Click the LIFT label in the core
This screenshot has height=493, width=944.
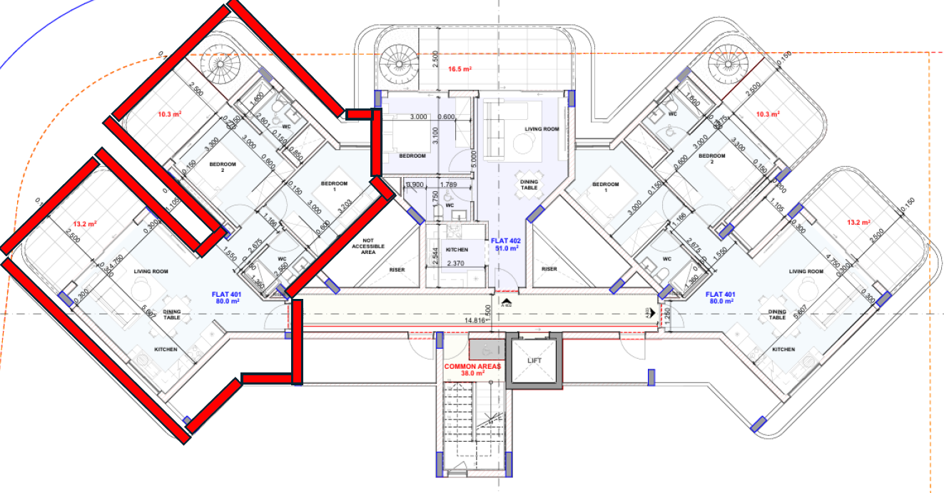(534, 360)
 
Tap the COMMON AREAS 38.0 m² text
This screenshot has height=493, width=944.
(465, 369)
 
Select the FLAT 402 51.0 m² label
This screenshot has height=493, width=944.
(506, 245)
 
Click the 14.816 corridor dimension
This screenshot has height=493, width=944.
(474, 320)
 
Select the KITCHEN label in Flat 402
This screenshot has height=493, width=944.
(457, 250)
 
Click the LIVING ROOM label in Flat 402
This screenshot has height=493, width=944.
(542, 128)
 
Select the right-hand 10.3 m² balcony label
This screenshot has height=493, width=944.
(767, 113)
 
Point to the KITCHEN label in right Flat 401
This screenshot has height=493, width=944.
(783, 349)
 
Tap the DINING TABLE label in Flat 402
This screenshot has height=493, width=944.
(529, 184)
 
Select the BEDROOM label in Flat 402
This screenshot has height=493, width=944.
(412, 156)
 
